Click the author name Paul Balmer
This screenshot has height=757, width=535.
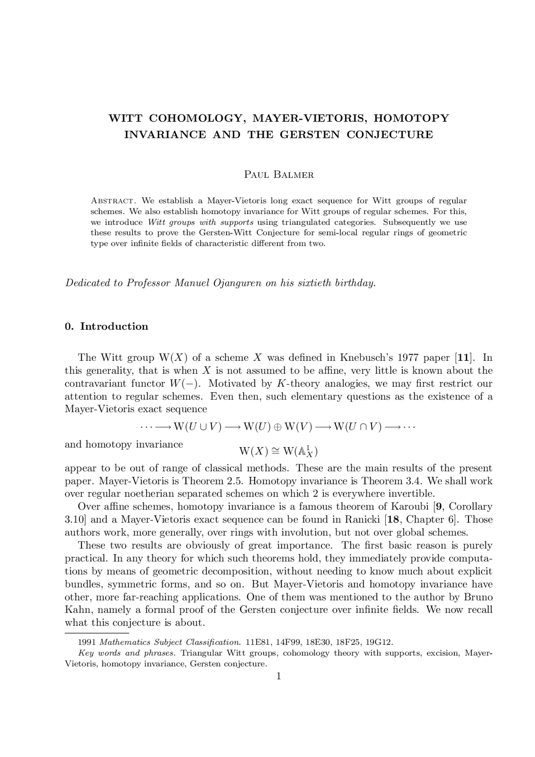pos(279,175)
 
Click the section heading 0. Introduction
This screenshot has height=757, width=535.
pos(107,326)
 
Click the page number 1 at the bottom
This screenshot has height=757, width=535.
pos(279,676)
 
